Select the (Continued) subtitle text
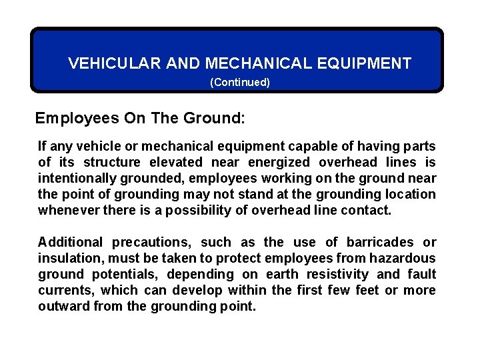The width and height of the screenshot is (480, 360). (x=240, y=83)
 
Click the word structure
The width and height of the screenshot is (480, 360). (x=110, y=162)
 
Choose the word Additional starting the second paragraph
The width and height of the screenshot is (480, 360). (x=70, y=242)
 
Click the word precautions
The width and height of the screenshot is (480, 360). (x=148, y=242)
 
